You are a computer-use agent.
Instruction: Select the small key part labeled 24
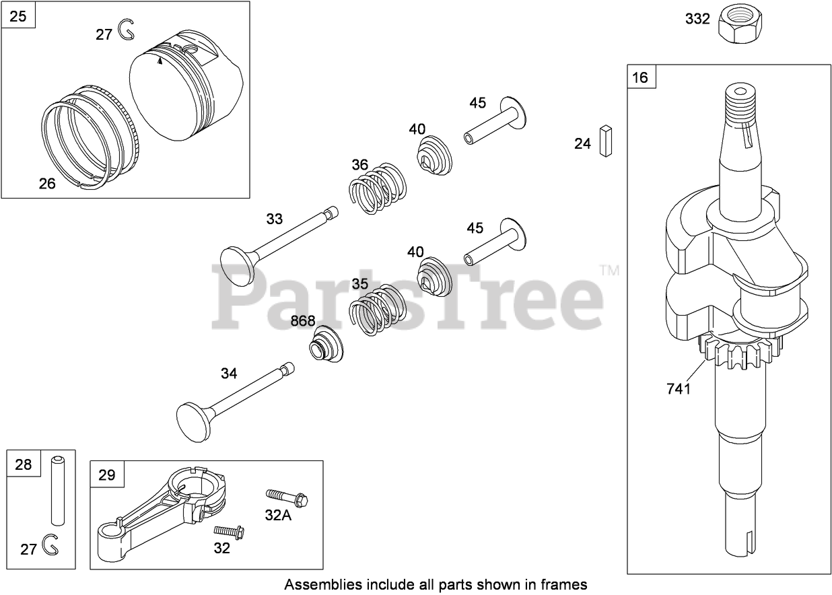pyautogui.click(x=606, y=141)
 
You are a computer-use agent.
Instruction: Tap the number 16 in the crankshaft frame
pyautogui.click(x=640, y=77)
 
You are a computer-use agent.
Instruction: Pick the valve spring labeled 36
pyautogui.click(x=378, y=188)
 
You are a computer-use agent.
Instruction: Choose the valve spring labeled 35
pyautogui.click(x=377, y=309)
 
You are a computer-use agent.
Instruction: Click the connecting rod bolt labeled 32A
pyautogui.click(x=287, y=498)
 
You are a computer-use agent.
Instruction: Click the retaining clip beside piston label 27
pyautogui.click(x=126, y=29)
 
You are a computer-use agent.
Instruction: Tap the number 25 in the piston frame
pyautogui.click(x=18, y=15)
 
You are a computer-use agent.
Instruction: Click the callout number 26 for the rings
pyautogui.click(x=47, y=182)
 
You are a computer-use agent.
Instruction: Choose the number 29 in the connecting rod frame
pyautogui.click(x=107, y=475)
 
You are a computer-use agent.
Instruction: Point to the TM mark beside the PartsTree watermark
pyautogui.click(x=609, y=271)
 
